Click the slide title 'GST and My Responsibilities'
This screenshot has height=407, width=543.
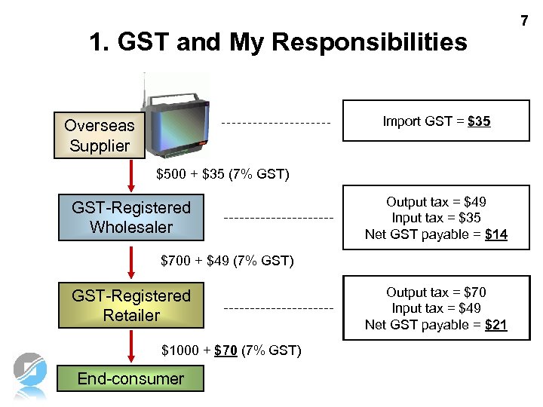pyautogui.click(x=278, y=42)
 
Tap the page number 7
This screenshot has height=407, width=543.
pyautogui.click(x=525, y=22)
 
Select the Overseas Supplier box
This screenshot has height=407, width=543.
pyautogui.click(x=100, y=136)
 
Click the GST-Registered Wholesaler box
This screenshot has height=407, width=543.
pyautogui.click(x=131, y=217)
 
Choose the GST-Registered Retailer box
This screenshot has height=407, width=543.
pyautogui.click(x=131, y=305)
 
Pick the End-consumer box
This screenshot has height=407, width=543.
pyautogui.click(x=130, y=379)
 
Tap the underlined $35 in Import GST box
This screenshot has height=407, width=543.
pyautogui.click(x=479, y=121)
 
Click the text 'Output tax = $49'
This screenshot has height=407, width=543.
pyautogui.click(x=436, y=201)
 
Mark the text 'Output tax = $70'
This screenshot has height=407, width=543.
pyautogui.click(x=436, y=292)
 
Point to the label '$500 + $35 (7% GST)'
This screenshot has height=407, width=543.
pyautogui.click(x=222, y=175)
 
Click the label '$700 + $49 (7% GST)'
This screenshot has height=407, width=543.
pyautogui.click(x=227, y=262)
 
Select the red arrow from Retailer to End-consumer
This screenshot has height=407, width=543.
pyautogui.click(x=131, y=348)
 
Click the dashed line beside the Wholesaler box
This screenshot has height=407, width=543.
pyautogui.click(x=278, y=219)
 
